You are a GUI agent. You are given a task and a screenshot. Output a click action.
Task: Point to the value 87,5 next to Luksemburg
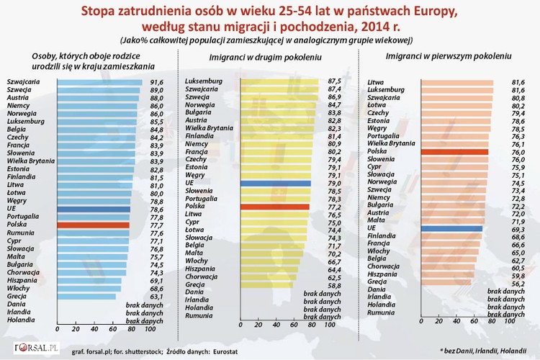tap(334, 81)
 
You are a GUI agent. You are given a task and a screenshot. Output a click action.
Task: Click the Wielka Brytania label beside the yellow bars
tap(210, 127)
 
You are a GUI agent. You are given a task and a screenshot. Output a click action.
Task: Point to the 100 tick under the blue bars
tap(150, 328)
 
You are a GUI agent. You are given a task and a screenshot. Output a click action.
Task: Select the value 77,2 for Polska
tap(334, 206)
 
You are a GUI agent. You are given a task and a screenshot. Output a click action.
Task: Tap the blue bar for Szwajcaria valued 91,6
tap(100, 82)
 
